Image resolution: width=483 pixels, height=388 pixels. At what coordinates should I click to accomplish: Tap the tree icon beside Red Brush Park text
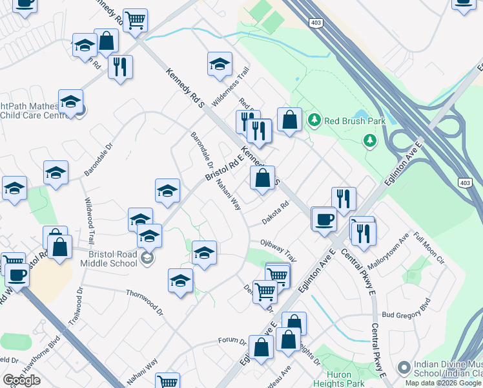click(314, 120)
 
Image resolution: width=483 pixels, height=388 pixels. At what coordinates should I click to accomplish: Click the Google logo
click(21, 380)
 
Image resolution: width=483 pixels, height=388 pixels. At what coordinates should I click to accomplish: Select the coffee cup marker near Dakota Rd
click(324, 219)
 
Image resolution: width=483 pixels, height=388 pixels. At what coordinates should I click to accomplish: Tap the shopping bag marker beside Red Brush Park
click(290, 120)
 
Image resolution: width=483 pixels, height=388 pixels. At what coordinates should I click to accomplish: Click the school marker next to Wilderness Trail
click(220, 65)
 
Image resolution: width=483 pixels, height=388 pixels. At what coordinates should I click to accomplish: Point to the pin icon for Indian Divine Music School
click(404, 368)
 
